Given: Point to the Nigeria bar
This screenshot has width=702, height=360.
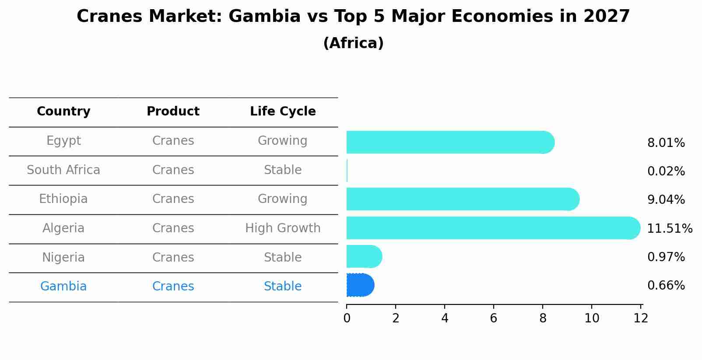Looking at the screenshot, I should [364, 256].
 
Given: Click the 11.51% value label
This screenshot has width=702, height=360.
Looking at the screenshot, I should [669, 229].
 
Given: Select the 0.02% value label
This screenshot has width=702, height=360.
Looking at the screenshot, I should [666, 171].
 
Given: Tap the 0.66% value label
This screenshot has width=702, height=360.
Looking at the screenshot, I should [666, 286].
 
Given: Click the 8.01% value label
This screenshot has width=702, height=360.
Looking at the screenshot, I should [666, 143].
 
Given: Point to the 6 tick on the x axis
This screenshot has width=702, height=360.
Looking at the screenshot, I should [494, 318].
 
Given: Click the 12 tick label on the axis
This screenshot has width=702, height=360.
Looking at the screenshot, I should [641, 318].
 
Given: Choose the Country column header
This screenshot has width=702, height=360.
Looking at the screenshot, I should [63, 112].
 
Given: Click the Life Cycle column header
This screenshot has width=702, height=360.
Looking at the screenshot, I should [283, 112].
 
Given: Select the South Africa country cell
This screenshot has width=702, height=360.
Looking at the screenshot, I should [63, 170].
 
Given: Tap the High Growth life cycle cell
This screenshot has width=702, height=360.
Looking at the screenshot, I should [283, 228].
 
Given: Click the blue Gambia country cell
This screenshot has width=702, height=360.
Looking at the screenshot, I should [63, 287].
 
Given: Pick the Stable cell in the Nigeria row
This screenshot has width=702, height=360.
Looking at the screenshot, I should [283, 258].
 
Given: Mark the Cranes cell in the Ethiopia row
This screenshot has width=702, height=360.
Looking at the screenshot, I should [173, 199].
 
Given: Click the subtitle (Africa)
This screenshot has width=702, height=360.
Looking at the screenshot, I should [353, 43].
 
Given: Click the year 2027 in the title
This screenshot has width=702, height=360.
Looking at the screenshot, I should [606, 17].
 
